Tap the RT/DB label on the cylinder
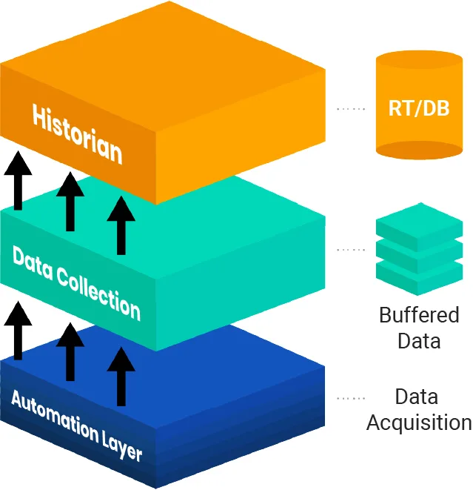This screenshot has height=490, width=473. [419, 108]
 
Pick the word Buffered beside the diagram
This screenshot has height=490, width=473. [419, 315]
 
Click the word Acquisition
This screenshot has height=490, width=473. [419, 423]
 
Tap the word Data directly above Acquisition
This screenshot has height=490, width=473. [416, 397]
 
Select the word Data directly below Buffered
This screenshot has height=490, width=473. [419, 341]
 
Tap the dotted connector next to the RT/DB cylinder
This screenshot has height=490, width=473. [351, 109]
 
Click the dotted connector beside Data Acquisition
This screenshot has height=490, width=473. [351, 398]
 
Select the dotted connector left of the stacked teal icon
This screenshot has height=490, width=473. [351, 250]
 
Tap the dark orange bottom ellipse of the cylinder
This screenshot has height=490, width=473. [419, 148]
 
